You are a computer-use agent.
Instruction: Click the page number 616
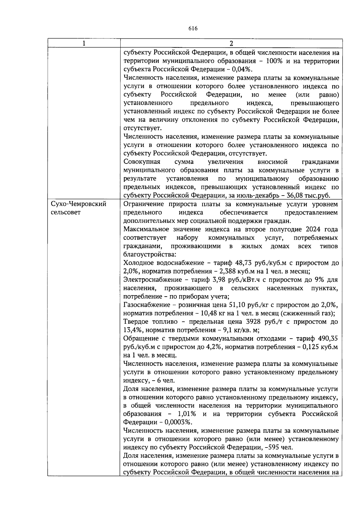193,28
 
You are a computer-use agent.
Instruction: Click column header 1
84,43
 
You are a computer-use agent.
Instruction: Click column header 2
231,43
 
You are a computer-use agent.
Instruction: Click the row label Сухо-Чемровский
79,204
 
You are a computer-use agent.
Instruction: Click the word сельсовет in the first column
66,213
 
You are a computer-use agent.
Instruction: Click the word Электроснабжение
152,280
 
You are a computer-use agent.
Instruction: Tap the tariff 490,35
328,339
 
